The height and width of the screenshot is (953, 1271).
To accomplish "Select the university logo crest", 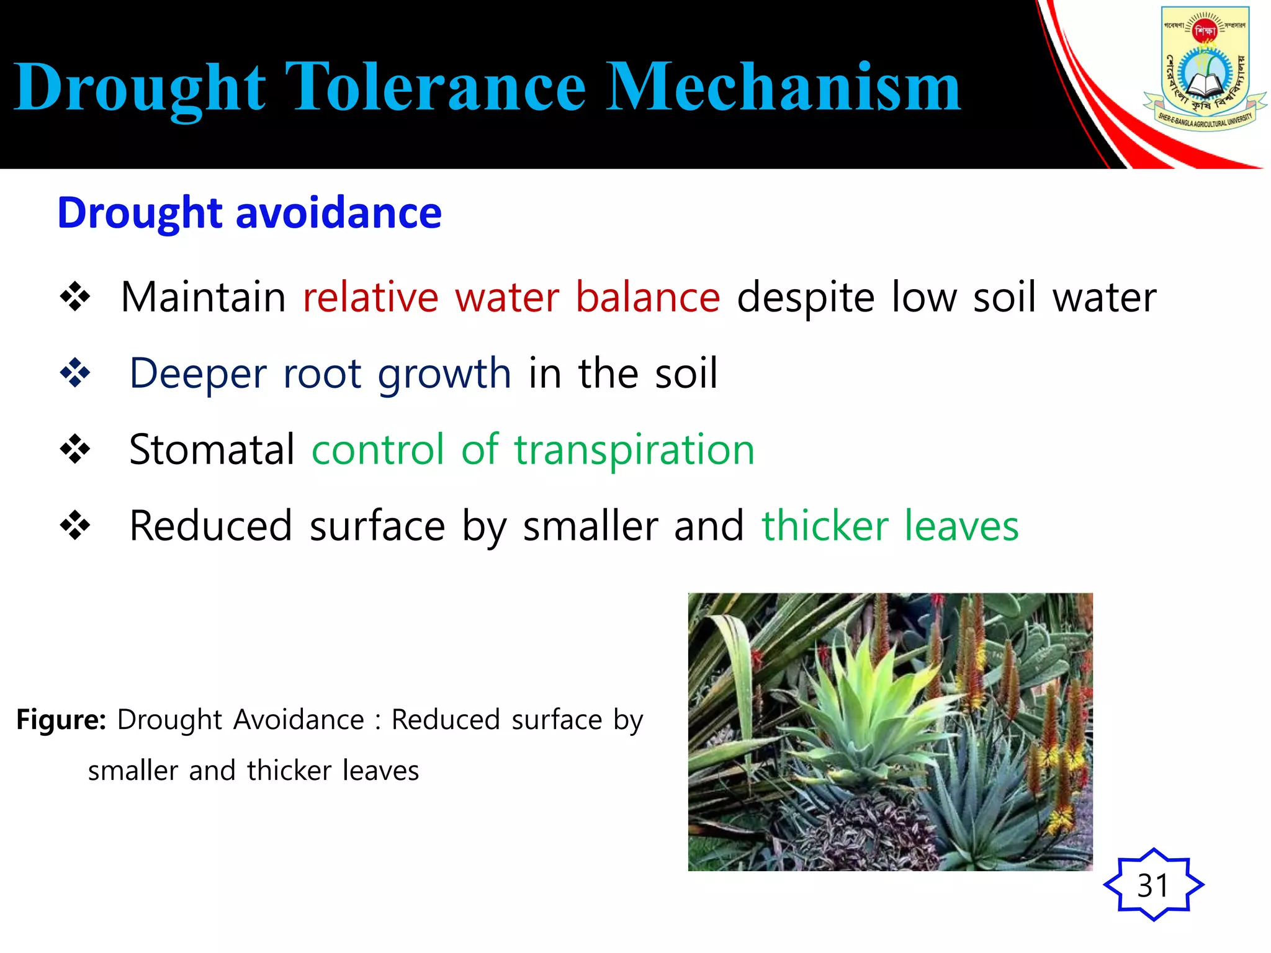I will pyautogui.click(x=1204, y=68).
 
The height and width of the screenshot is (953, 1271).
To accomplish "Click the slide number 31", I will pyautogui.click(x=1153, y=885).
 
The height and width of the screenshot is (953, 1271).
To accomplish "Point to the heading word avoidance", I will pyautogui.click(x=339, y=213).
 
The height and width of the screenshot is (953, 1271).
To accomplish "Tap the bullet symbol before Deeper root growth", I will pyautogui.click(x=75, y=374).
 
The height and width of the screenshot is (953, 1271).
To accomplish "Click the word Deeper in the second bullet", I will pyautogui.click(x=198, y=374).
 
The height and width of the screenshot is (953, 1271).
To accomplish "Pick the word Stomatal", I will pyautogui.click(x=212, y=450).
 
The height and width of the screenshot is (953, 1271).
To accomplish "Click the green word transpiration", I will pyautogui.click(x=634, y=450).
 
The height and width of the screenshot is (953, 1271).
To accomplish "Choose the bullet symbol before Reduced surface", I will pyautogui.click(x=75, y=526).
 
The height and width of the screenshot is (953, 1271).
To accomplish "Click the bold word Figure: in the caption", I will pyautogui.click(x=61, y=720).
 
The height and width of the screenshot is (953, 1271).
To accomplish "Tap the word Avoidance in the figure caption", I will pyautogui.click(x=299, y=720).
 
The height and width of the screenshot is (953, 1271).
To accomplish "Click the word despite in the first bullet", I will pyautogui.click(x=806, y=298).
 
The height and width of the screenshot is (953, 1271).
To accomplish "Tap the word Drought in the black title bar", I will pyautogui.click(x=140, y=88).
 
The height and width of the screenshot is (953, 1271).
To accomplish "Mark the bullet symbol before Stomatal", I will pyautogui.click(x=75, y=450).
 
